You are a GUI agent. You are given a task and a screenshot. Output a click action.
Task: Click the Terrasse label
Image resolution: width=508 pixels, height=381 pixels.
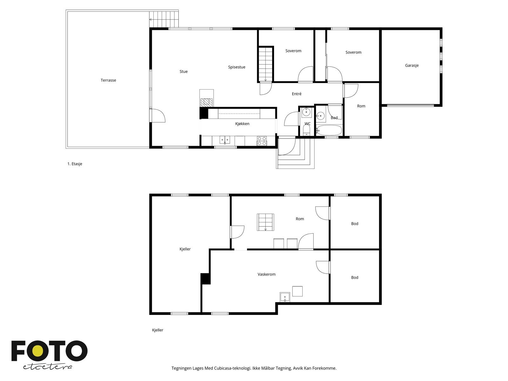coord(108,80)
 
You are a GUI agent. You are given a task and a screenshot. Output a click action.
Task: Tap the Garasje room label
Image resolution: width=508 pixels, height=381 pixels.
coord(412,65)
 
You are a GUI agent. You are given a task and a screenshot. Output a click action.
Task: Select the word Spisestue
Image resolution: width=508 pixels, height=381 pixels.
coord(237,67)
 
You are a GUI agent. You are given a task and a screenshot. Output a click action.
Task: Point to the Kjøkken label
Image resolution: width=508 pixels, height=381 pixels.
coord(242,124)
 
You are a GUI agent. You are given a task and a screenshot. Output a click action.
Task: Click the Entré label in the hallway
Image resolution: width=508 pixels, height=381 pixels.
coord(297,94)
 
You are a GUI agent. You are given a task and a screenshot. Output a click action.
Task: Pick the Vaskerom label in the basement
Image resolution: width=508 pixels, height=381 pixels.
coord(266,274)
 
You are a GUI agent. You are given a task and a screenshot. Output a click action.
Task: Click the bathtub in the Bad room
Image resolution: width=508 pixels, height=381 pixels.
coord(329,130)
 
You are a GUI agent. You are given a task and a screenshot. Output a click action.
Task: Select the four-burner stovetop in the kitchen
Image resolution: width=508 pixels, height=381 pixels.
coord(262,141)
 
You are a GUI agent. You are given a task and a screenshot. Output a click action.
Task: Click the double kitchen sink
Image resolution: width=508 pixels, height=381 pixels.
coord(225,140)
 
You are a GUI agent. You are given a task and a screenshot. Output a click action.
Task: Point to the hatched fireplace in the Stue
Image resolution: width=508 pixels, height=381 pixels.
coord(206,103)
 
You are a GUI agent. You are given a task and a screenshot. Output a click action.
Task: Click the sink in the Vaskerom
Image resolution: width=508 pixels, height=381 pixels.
coord(285,297)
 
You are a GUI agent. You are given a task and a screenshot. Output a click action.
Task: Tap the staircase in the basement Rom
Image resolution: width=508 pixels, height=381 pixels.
coord(265,222)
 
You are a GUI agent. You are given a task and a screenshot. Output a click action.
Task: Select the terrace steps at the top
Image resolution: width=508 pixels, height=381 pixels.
coord(164,19)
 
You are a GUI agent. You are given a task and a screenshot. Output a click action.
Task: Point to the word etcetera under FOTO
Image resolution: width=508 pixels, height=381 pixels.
coord(47,367)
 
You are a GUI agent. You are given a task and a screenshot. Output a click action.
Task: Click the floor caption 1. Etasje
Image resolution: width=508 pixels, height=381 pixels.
coord(75,164)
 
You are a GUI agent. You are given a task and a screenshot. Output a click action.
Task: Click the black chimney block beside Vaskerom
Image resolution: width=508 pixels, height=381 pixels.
coord(205,279)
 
